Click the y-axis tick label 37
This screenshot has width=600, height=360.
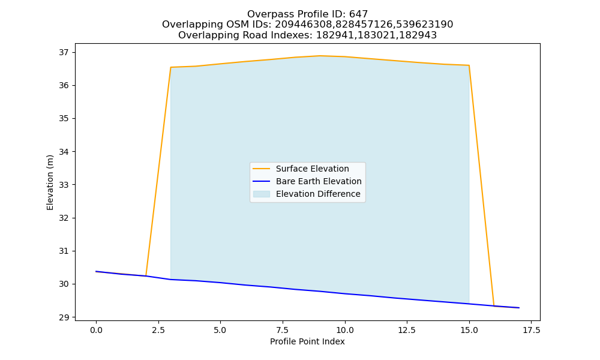pyautogui.click(x=64, y=52)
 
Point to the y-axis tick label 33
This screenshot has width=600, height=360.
pyautogui.click(x=64, y=185)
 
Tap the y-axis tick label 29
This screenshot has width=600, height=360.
pyautogui.click(x=64, y=317)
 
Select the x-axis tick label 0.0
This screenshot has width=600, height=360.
pyautogui.click(x=96, y=330)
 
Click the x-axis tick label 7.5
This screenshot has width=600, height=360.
pyautogui.click(x=283, y=330)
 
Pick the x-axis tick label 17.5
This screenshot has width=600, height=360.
pyautogui.click(x=531, y=330)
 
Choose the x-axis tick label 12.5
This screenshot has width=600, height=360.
pyautogui.click(x=407, y=330)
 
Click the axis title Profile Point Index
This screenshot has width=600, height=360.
pyautogui.click(x=307, y=341)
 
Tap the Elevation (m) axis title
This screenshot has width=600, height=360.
pyautogui.click(x=50, y=182)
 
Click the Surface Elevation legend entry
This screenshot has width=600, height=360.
pyautogui.click(x=312, y=169)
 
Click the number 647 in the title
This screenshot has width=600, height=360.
pyautogui.click(x=359, y=14)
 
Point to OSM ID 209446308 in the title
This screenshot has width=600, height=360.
pyautogui.click(x=304, y=25)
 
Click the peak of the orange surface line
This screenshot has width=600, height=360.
pyautogui.click(x=320, y=56)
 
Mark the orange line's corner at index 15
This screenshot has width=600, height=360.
pyautogui.click(x=469, y=65)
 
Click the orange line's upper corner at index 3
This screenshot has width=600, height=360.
pyautogui.click(x=170, y=67)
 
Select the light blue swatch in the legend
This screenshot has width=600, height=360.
pyautogui.click(x=262, y=194)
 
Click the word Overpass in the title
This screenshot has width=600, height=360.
pyautogui.click(x=268, y=14)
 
